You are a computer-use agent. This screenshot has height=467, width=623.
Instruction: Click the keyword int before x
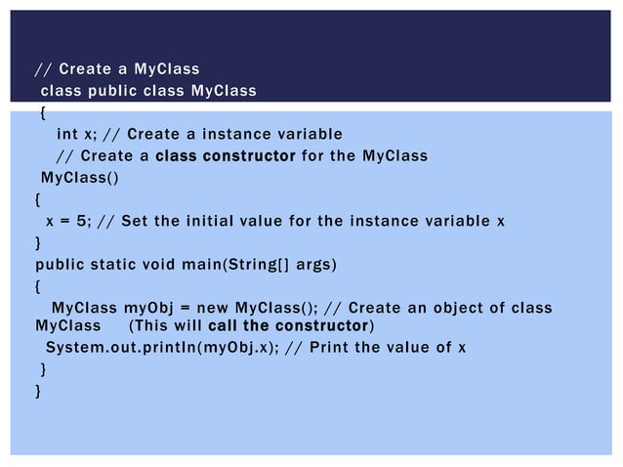(x=66, y=134)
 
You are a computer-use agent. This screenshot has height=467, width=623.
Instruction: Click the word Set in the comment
(x=143, y=221)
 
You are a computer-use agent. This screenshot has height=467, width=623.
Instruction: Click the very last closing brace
(x=38, y=391)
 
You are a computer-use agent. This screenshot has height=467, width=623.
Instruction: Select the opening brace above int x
(x=42, y=113)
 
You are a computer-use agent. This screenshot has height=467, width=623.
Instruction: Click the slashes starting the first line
(x=43, y=69)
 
